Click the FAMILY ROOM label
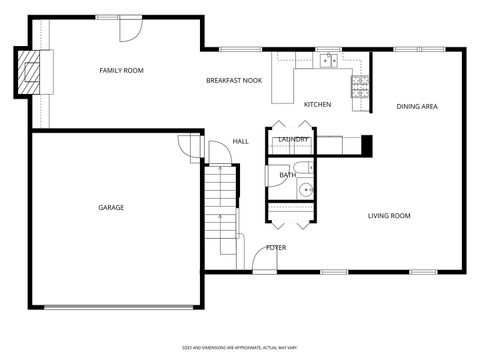pos(121,70)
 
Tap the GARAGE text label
pos(110,207)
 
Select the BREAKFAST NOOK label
pos(234,80)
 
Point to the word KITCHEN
pos(318,104)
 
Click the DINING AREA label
pos(417,106)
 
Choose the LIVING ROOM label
pos(389,215)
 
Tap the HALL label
pos(241,141)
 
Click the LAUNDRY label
pos(293,139)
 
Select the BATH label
pos(287,175)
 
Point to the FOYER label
pos(276,247)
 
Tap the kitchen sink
pos(327,61)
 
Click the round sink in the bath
pos(306,188)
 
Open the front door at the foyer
pos(264,260)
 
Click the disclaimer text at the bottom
pos(239,347)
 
